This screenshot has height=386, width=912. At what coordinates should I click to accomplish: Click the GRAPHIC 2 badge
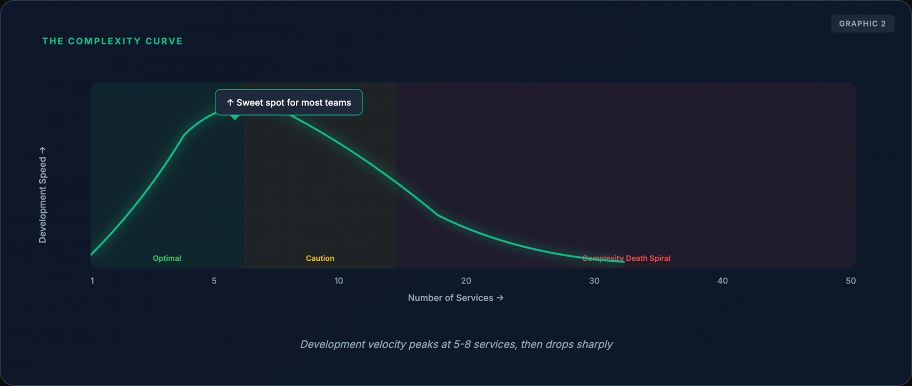[862, 24]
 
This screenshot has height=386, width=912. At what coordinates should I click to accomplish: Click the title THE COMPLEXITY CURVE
[112, 42]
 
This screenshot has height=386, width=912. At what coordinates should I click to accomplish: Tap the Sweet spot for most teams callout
[288, 102]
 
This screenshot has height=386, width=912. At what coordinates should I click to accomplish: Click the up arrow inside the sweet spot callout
[230, 102]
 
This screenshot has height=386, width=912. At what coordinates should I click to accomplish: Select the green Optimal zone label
[167, 258]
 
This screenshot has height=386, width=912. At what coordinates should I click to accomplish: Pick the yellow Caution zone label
[320, 258]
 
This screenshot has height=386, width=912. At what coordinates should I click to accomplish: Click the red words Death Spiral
[648, 258]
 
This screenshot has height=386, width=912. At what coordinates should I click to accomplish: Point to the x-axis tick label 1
[92, 281]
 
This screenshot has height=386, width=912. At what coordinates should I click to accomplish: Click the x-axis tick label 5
[214, 281]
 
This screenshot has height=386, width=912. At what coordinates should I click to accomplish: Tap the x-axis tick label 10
[339, 281]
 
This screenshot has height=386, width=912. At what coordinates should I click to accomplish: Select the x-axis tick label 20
[466, 281]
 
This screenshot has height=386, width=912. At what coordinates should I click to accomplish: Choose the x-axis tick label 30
[594, 281]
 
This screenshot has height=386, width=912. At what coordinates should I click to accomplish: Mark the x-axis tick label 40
[722, 281]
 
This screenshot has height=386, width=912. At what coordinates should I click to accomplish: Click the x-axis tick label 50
[850, 281]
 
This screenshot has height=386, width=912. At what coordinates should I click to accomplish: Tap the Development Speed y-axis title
[43, 195]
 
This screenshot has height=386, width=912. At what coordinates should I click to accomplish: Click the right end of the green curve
[623, 261]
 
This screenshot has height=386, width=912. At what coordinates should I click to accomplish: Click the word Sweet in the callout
[250, 102]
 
